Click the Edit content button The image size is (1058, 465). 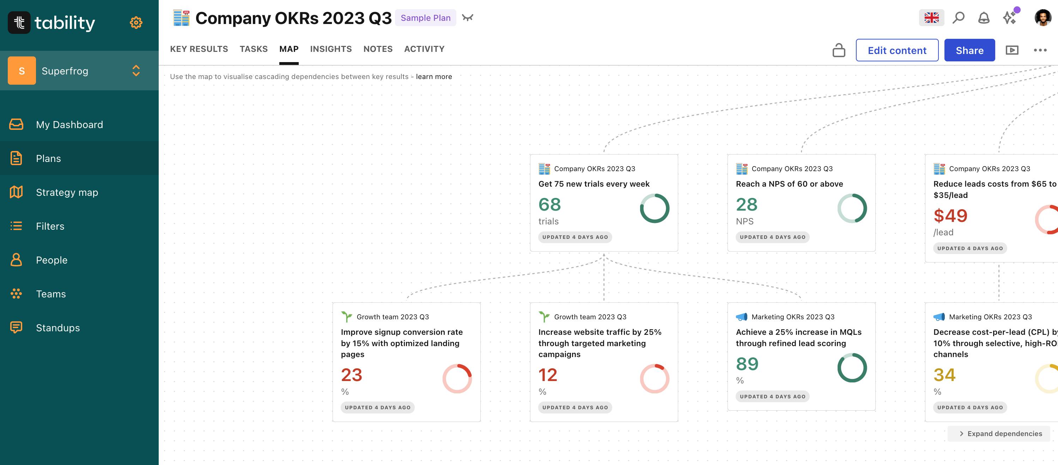tap(896, 50)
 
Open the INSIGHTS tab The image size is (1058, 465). tap(331, 49)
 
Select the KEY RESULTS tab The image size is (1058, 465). tap(199, 49)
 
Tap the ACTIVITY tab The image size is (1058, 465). tap(424, 49)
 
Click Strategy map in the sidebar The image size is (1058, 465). tap(67, 192)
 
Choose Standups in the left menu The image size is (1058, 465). tap(57, 328)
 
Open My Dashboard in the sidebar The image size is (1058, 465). tap(69, 125)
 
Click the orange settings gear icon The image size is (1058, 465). tap(136, 23)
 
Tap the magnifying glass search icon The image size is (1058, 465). tap(958, 18)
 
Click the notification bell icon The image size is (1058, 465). tap(984, 18)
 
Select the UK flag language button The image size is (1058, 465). tap(931, 18)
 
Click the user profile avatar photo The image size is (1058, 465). tap(1042, 18)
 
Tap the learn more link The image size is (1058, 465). tap(434, 77)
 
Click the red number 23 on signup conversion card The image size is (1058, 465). tap(352, 375)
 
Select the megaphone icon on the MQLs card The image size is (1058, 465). tap(741, 317)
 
